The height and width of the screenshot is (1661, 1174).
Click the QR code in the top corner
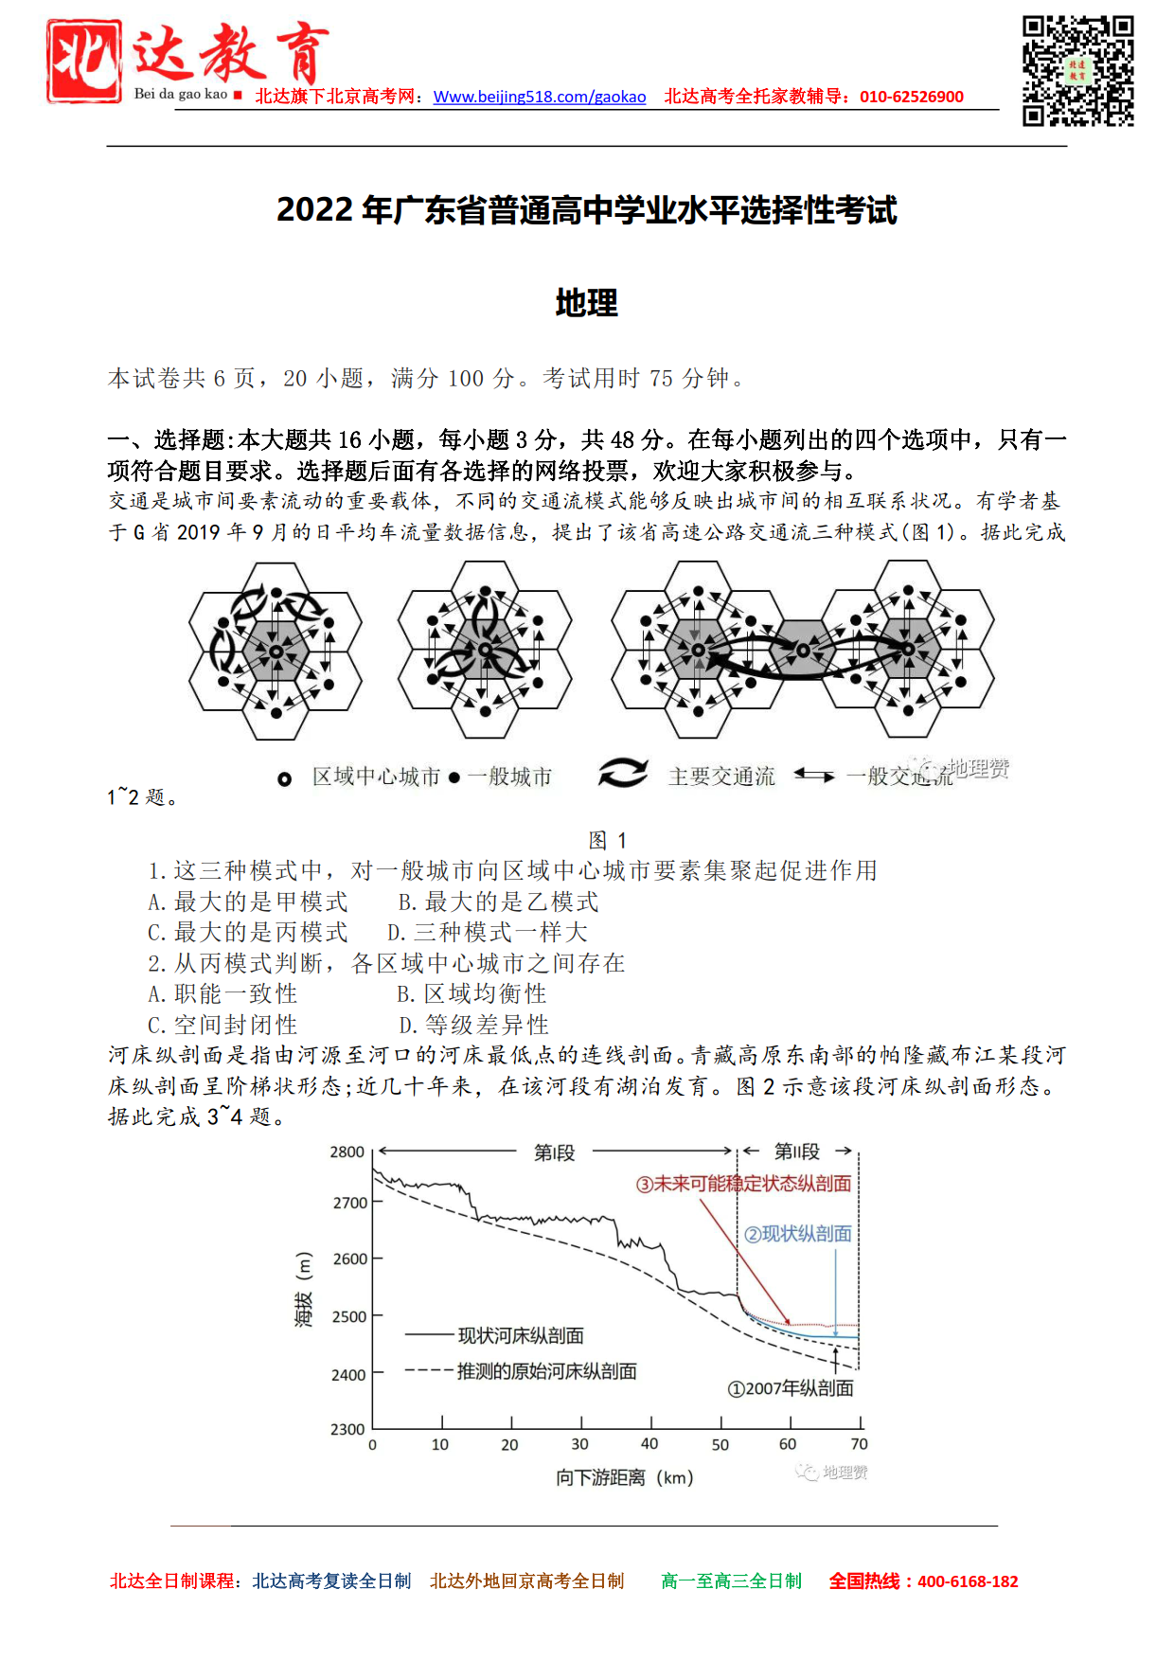tap(1077, 71)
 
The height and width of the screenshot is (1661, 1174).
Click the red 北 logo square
tap(84, 61)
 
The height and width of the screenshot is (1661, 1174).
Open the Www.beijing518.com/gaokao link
tap(540, 97)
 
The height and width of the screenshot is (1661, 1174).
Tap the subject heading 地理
tap(586, 303)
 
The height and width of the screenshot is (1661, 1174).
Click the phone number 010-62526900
tap(911, 97)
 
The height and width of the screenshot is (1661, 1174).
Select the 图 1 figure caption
tap(607, 840)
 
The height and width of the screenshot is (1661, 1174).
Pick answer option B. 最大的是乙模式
tap(498, 902)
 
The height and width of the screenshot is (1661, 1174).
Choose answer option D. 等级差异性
tap(473, 1025)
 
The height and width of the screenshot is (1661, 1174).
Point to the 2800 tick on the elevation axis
tap(347, 1152)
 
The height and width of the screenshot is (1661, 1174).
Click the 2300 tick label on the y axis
tap(347, 1429)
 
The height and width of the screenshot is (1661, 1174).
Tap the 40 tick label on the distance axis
tap(649, 1444)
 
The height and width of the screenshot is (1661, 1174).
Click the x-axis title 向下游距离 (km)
tap(625, 1477)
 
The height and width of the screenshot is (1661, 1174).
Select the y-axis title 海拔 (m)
tap(304, 1290)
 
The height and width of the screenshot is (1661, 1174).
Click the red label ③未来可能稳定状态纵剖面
tap(743, 1184)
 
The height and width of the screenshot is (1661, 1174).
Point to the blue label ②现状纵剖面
tap(797, 1234)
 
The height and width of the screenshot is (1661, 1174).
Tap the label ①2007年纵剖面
tap(791, 1388)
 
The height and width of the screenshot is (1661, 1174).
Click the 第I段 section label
tap(555, 1152)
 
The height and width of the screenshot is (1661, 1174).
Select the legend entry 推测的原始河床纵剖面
tap(546, 1371)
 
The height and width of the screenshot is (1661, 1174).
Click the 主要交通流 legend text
tap(721, 777)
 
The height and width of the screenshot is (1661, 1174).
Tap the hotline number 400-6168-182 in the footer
tap(968, 1581)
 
